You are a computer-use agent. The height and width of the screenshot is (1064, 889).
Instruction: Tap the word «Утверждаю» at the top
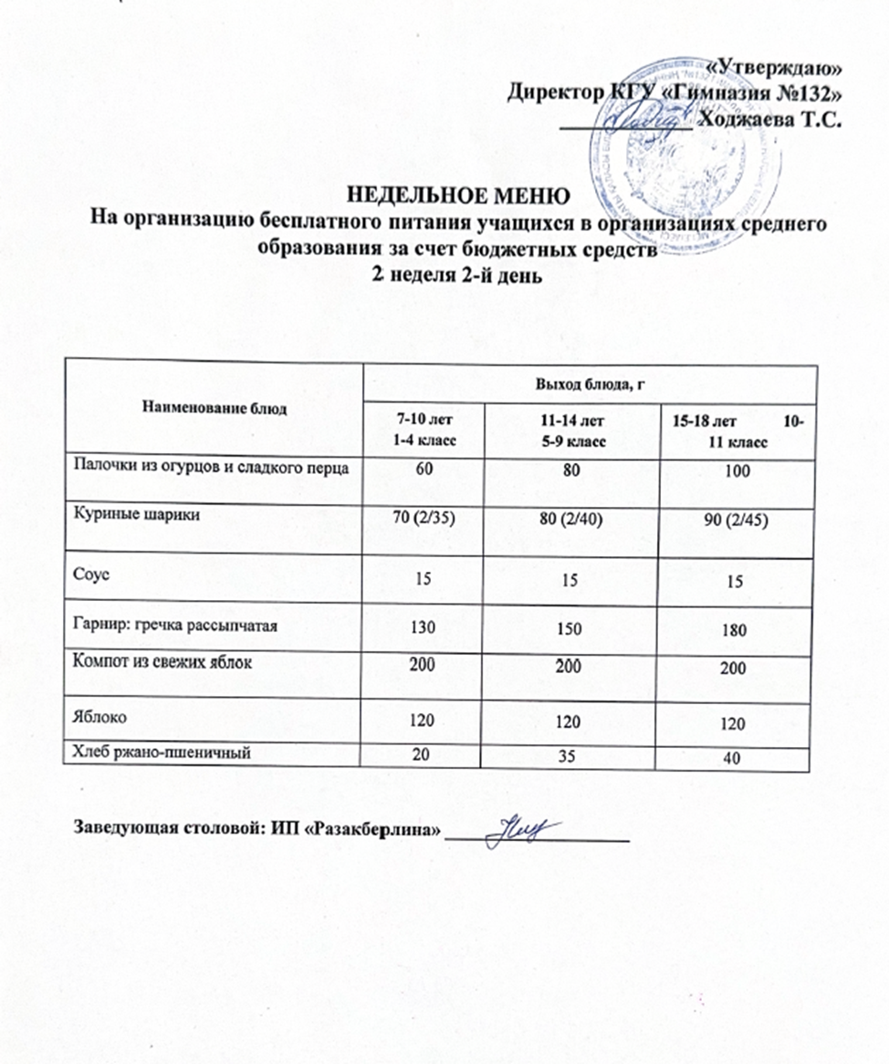pos(774,66)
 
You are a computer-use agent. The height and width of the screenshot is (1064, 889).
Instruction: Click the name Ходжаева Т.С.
pos(768,117)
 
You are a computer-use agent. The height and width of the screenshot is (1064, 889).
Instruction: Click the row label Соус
pos(89,574)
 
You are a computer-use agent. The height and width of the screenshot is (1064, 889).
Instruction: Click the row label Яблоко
pos(96,719)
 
